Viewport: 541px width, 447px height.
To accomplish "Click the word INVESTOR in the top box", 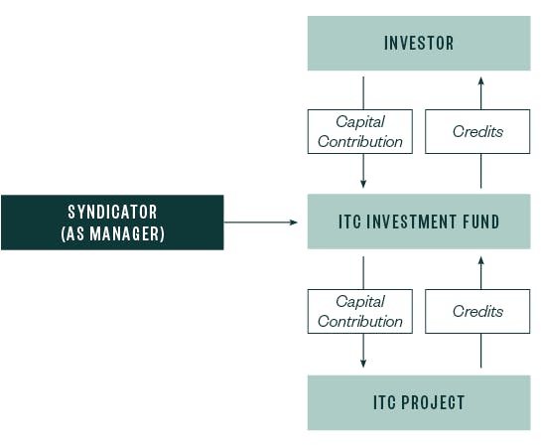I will [x=418, y=44].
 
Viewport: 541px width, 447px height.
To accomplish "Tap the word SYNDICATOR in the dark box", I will [x=112, y=212].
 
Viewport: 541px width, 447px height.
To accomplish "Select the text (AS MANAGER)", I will [x=112, y=233].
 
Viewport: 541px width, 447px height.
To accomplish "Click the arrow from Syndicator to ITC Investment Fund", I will [x=261, y=223].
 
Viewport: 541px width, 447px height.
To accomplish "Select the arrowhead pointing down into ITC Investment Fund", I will [x=363, y=184].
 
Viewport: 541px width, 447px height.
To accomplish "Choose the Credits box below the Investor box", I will [x=477, y=131].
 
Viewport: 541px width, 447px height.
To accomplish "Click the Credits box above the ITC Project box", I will [x=477, y=311].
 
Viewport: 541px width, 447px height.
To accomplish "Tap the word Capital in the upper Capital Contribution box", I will [x=359, y=121].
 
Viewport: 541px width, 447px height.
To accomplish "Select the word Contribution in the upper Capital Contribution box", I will [x=359, y=141].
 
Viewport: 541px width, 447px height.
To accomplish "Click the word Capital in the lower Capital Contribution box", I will [x=359, y=301].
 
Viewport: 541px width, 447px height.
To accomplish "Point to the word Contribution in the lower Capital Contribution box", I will [x=359, y=321].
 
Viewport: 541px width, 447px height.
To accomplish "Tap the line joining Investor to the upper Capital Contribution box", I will [x=363, y=90].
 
